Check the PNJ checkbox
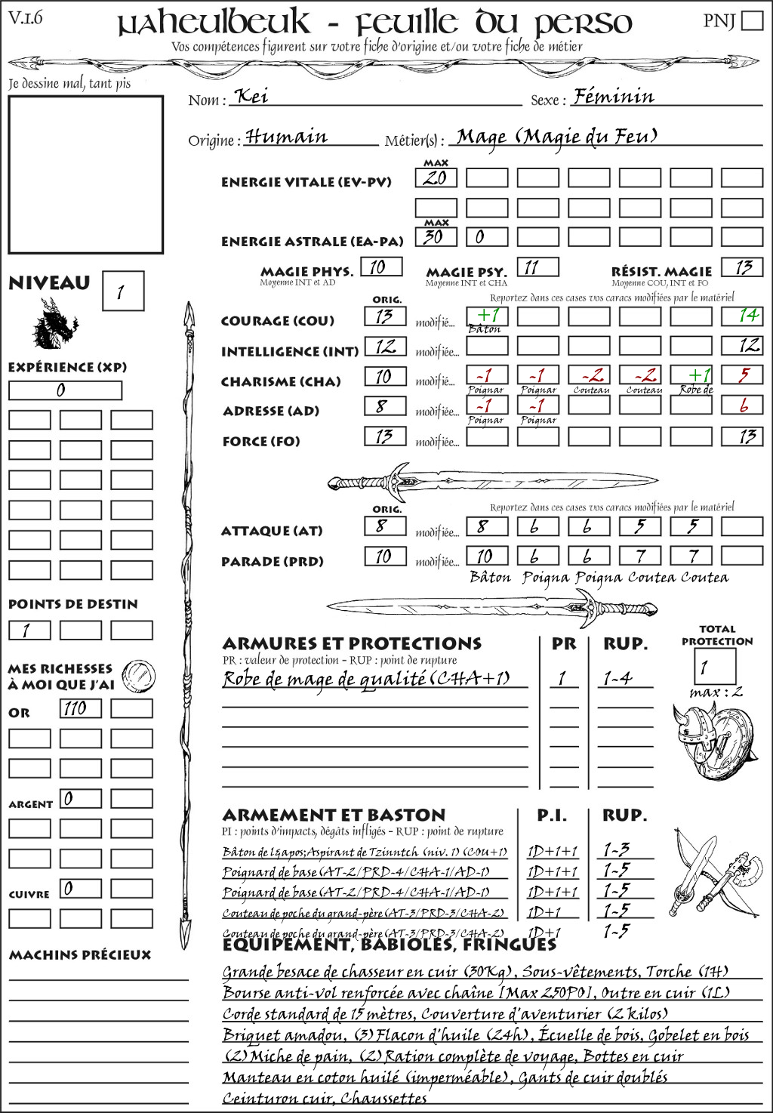(x=752, y=20)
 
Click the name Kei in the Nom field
(x=252, y=97)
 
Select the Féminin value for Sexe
(x=613, y=97)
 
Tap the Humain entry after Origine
(x=287, y=137)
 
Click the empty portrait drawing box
(x=85, y=174)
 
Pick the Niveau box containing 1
(x=122, y=291)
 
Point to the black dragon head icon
(x=54, y=324)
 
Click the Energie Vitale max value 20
(x=436, y=178)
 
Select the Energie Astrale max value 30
(x=436, y=236)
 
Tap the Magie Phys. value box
(x=381, y=267)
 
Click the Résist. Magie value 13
(x=742, y=267)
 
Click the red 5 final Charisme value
(x=742, y=375)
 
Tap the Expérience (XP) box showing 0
(x=65, y=390)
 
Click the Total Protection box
(x=714, y=667)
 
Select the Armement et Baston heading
(x=334, y=815)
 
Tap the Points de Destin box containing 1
(x=29, y=630)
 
